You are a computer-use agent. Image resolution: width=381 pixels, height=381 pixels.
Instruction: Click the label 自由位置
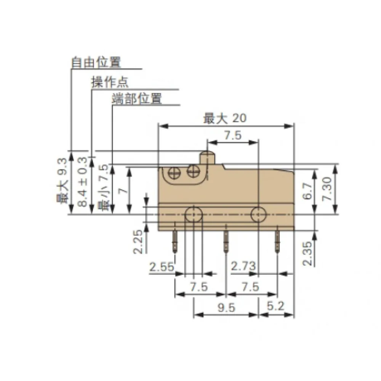pyautogui.click(x=96, y=62)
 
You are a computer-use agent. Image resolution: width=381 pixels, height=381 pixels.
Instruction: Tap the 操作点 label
pyautogui.click(x=110, y=82)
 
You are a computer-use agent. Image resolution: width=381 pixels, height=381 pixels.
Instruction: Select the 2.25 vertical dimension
pyautogui.click(x=139, y=241)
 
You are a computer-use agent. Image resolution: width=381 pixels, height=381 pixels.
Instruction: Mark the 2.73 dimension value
pyautogui.click(x=243, y=267)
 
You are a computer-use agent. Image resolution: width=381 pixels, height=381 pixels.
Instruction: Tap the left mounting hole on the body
pyautogui.click(x=194, y=215)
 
